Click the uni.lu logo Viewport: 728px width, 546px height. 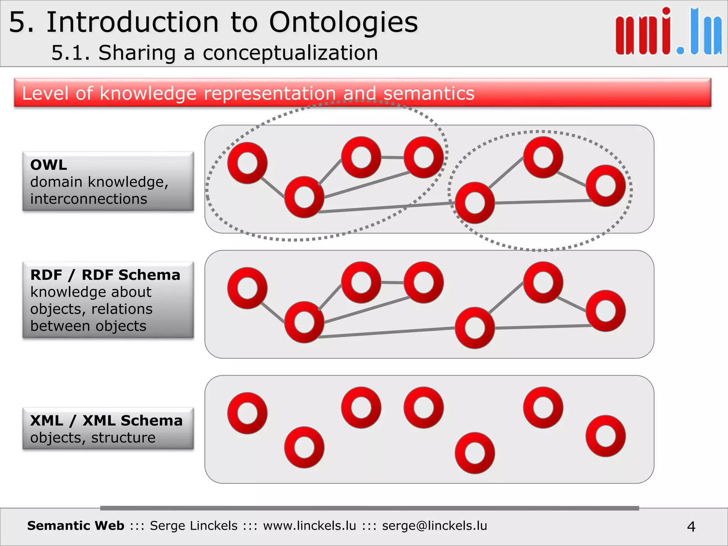tap(668, 32)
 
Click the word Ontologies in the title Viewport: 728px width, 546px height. tap(343, 22)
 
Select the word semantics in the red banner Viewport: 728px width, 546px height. tap(428, 93)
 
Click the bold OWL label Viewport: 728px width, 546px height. tap(49, 165)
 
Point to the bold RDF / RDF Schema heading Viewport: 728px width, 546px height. tap(105, 275)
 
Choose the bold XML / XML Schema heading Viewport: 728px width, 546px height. tap(106, 421)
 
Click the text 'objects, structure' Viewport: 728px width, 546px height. tap(93, 438)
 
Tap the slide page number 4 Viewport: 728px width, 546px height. tap(691, 526)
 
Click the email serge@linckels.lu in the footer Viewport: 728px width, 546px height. tap(434, 526)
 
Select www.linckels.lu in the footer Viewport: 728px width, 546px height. tap(309, 526)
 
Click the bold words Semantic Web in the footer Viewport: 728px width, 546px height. tap(76, 526)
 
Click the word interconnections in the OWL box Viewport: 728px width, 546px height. tap(89, 199)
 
